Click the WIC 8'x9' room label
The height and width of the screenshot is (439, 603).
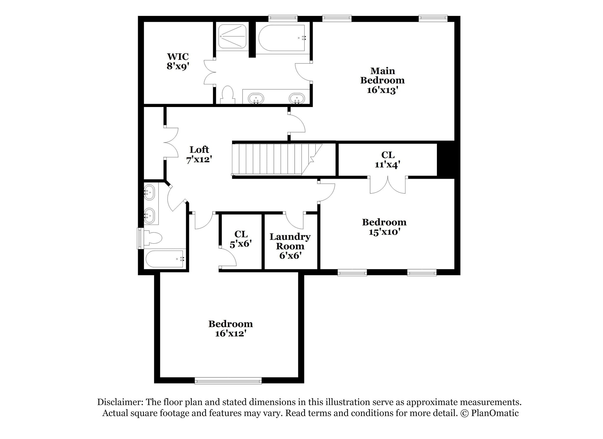point(178,61)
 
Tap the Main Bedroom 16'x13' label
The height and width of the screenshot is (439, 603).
point(382,80)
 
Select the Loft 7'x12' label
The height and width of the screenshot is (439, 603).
point(199,154)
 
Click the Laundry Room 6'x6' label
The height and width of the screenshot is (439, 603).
point(290,246)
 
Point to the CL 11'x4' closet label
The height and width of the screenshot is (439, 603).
point(387,160)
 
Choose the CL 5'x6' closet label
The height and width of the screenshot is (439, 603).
point(241,239)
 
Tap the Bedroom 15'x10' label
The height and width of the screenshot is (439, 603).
point(384,226)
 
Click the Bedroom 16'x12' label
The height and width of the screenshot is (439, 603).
point(231,328)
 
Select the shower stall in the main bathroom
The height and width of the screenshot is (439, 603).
point(232,36)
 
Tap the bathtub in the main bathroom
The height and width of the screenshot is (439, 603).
point(282,38)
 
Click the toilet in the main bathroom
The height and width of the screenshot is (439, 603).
point(227,94)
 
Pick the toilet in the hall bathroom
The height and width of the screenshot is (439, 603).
point(153,238)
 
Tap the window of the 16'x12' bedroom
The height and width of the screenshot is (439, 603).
point(228,381)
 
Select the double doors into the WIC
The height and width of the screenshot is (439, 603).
point(210,72)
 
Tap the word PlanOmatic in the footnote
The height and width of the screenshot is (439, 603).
point(495,413)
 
